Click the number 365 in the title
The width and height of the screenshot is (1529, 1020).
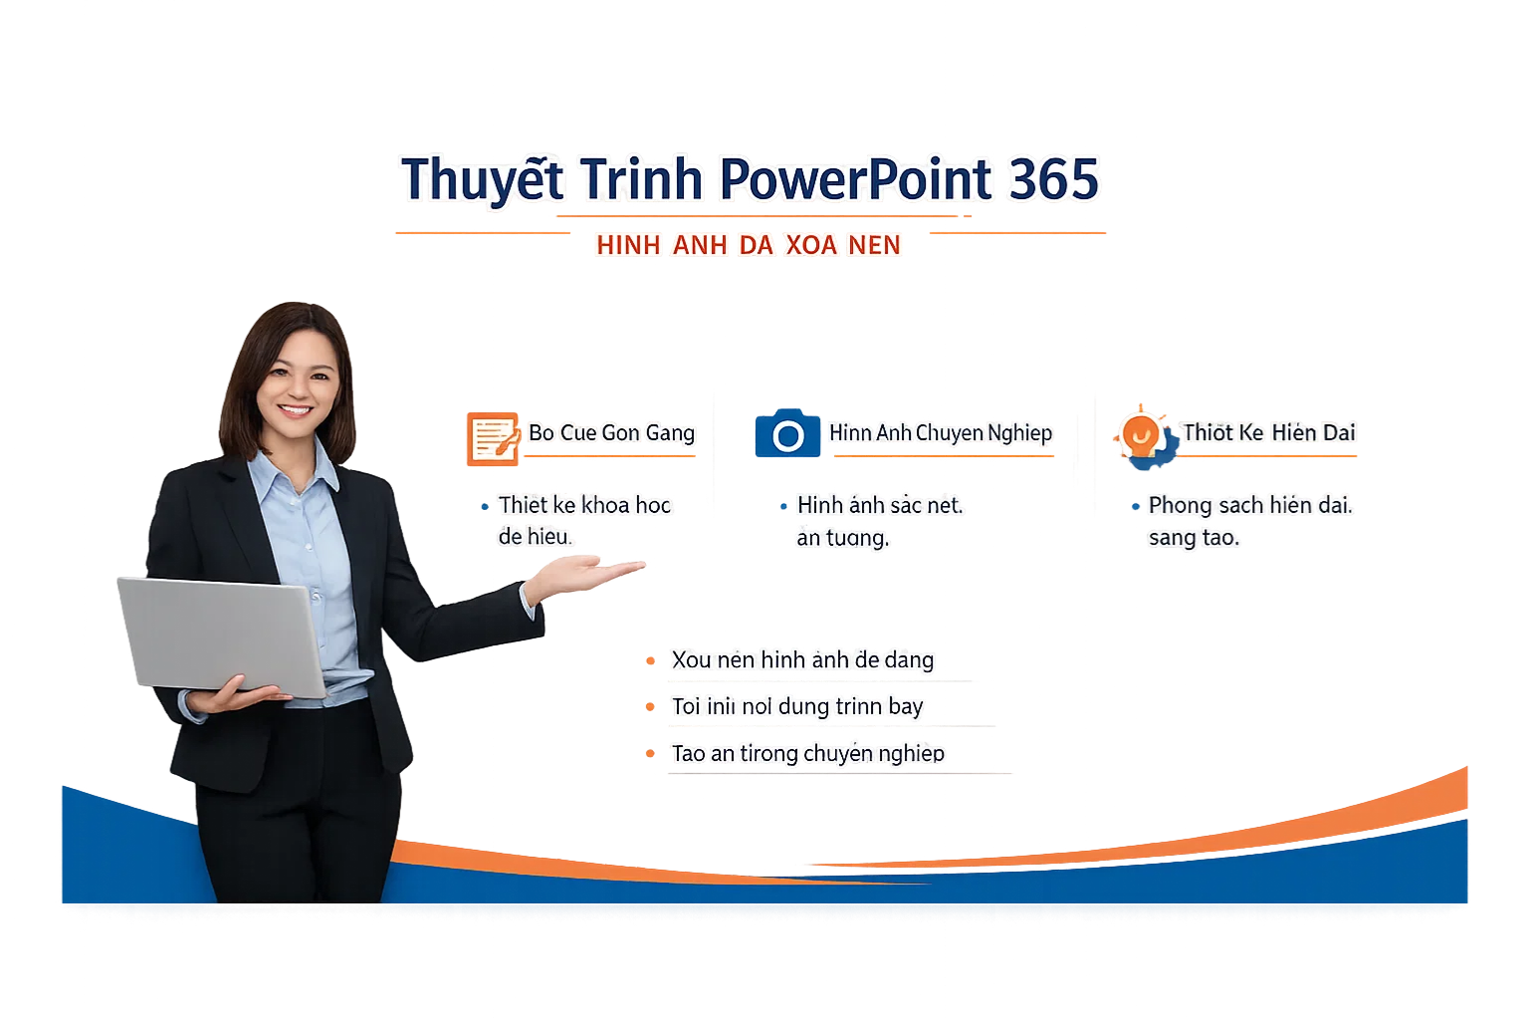tap(1053, 180)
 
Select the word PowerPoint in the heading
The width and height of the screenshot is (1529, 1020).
tap(855, 180)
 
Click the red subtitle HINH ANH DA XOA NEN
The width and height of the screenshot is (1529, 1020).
tap(749, 245)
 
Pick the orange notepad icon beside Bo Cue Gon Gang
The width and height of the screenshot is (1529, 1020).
tap(493, 438)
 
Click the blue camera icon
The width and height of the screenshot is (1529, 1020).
tap(787, 434)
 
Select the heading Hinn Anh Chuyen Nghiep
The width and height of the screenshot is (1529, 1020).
tap(941, 432)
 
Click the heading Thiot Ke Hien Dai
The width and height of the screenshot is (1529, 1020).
tap(1269, 432)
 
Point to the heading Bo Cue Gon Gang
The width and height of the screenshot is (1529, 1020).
tap(611, 432)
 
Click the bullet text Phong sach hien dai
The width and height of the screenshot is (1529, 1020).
tap(1250, 505)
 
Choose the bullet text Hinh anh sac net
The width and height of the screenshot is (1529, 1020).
tap(880, 505)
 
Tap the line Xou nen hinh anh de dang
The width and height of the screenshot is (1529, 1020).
tap(802, 659)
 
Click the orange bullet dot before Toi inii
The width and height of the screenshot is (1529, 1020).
tap(650, 707)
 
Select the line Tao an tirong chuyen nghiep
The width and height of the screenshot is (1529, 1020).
tap(807, 753)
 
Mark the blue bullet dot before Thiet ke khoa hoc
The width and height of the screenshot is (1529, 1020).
tap(485, 507)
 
